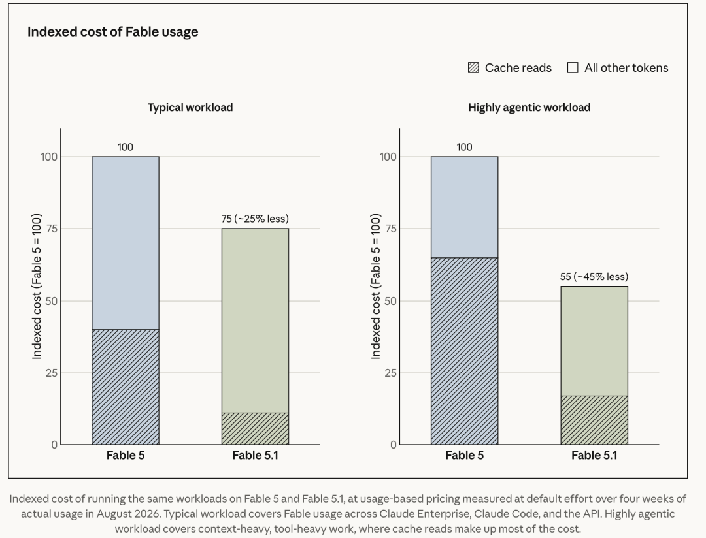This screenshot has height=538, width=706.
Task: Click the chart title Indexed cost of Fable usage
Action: [x=112, y=32]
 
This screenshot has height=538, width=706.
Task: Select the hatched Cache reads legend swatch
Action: [x=473, y=67]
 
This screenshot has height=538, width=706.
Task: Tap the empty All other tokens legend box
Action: [x=573, y=67]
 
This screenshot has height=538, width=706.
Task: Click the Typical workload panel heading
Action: [x=190, y=108]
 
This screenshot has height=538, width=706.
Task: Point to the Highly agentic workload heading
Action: [x=529, y=108]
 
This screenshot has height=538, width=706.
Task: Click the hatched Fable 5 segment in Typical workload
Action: [x=126, y=387]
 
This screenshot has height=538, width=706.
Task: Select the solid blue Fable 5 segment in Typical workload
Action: [x=126, y=243]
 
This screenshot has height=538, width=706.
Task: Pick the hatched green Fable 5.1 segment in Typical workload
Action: [x=256, y=429]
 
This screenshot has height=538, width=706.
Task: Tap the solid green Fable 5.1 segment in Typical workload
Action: [x=256, y=321]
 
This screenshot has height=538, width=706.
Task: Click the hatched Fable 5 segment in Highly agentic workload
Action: [x=465, y=351]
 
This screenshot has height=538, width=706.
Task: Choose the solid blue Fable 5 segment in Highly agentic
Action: [x=465, y=207]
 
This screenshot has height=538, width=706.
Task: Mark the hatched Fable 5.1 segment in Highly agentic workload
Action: [x=594, y=420]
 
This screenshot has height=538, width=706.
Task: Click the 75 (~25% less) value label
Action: [x=255, y=219]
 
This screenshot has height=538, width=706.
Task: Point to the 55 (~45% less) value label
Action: [x=594, y=277]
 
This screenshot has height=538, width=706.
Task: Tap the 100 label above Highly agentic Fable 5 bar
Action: [x=464, y=147]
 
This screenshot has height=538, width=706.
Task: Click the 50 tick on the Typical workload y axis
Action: [x=52, y=301]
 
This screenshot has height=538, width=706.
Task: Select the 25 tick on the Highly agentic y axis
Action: [x=390, y=373]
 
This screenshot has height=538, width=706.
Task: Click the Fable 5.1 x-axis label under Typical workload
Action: [x=256, y=455]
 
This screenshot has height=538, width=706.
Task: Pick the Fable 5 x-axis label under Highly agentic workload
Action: [x=465, y=455]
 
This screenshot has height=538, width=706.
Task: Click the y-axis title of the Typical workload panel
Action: [x=37, y=286]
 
